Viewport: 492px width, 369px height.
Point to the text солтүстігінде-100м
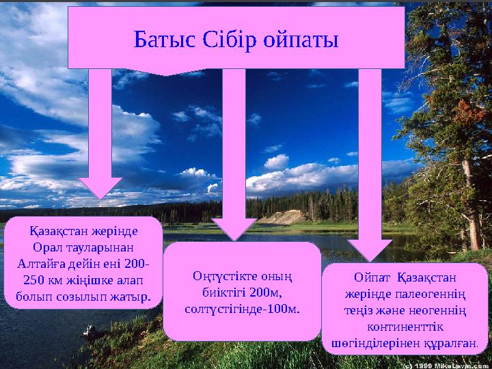pyautogui.click(x=243, y=309)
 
